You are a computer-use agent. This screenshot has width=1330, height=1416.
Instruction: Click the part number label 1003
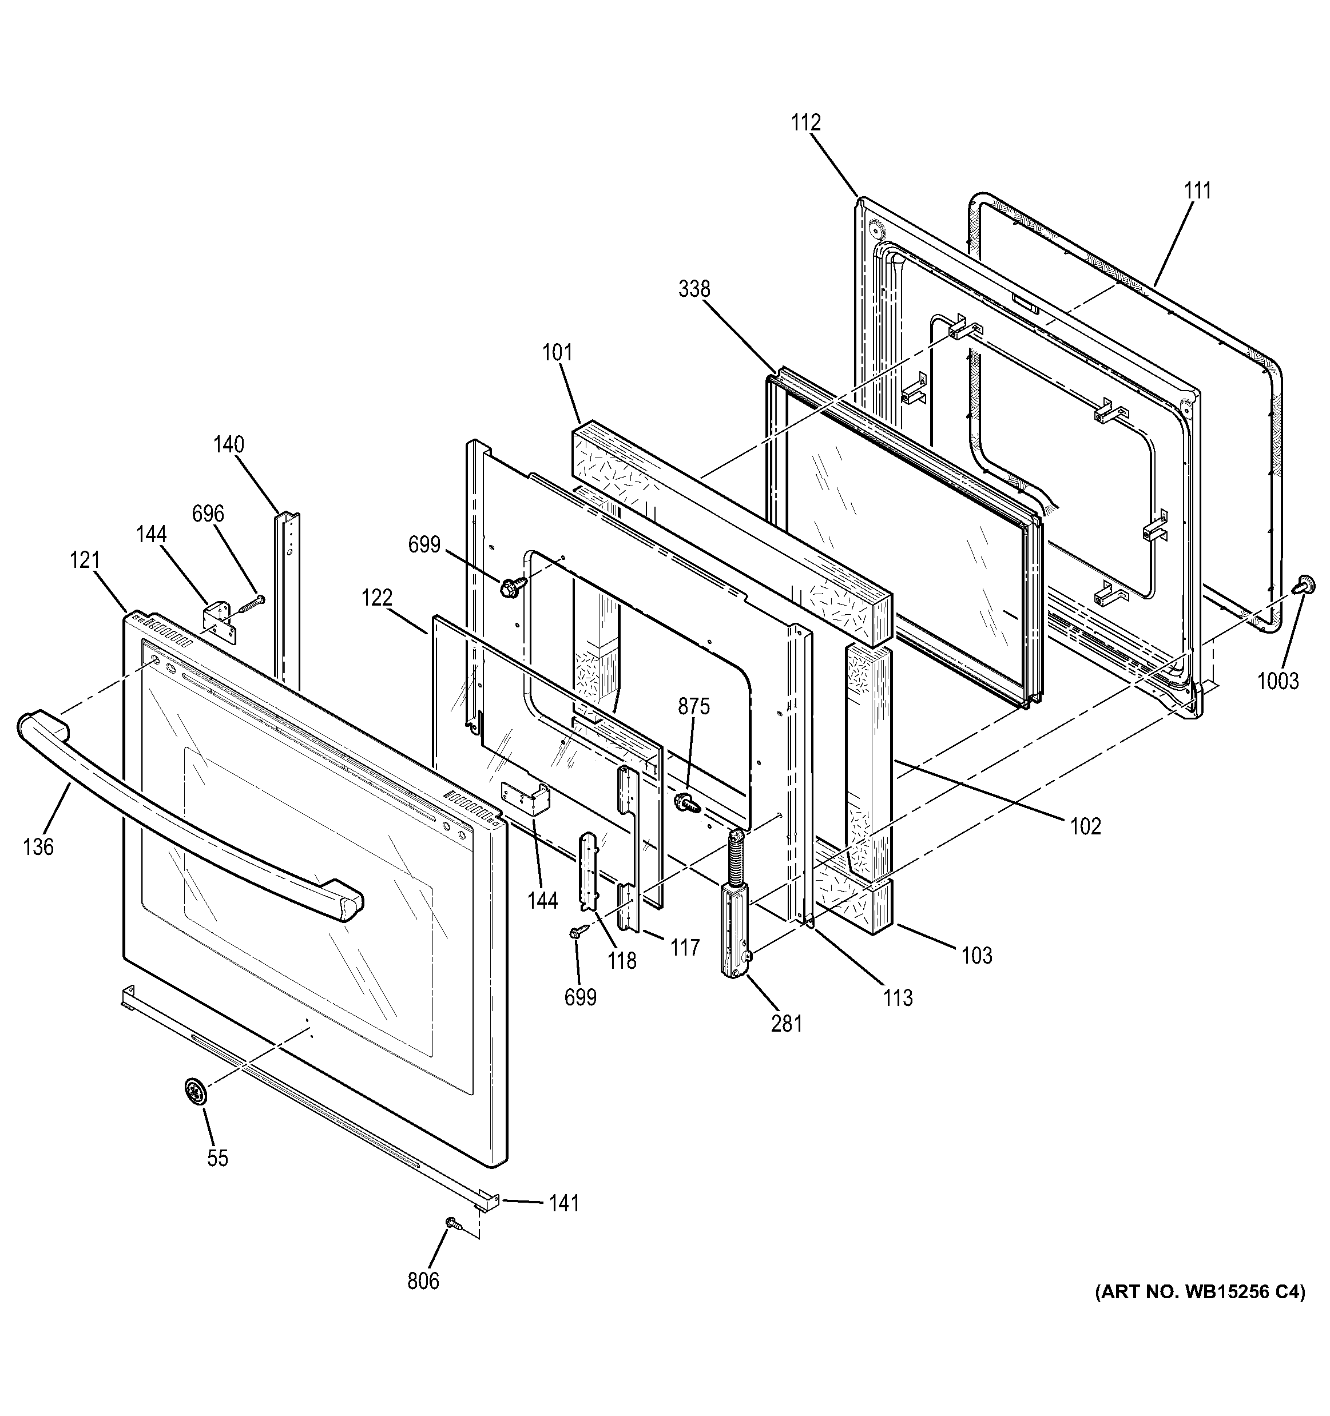(x=1277, y=681)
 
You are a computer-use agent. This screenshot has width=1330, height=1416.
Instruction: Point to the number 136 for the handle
(x=38, y=847)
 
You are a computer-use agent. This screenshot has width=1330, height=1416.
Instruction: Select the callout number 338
(x=694, y=289)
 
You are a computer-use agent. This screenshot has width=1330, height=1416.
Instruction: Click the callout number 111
(x=1197, y=191)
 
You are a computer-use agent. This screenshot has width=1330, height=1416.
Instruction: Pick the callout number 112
(x=805, y=122)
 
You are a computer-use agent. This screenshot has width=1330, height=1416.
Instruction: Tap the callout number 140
(x=229, y=444)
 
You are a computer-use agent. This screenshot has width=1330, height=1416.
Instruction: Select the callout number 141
(x=563, y=1203)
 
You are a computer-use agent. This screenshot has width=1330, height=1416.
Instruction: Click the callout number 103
(x=976, y=956)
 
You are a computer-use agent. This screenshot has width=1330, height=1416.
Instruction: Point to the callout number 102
(x=1086, y=826)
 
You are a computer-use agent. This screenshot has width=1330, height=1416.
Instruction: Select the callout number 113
(x=898, y=999)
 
